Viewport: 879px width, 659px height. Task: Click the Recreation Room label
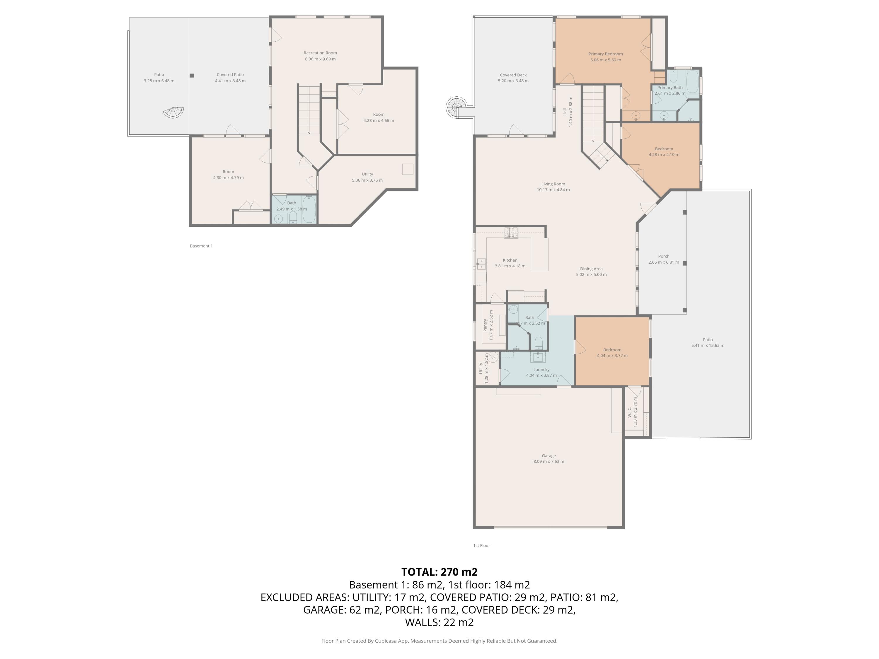(320, 53)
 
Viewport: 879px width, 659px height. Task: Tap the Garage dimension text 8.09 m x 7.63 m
(548, 462)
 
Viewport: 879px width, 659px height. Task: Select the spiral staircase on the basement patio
(174, 112)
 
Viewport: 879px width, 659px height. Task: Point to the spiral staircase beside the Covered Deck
(455, 107)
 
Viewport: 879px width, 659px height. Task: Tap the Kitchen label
(510, 260)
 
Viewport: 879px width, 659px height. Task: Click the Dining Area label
(591, 269)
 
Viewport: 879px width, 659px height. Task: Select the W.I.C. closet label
(629, 412)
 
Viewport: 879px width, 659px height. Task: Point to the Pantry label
(485, 325)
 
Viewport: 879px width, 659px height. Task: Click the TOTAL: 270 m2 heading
(439, 572)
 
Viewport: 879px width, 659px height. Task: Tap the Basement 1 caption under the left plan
(201, 246)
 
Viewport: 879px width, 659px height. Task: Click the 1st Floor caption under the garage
(481, 545)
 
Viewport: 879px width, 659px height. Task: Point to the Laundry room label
(541, 369)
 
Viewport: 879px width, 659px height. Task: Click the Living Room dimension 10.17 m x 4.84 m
(553, 190)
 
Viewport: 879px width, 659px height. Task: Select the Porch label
(664, 256)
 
